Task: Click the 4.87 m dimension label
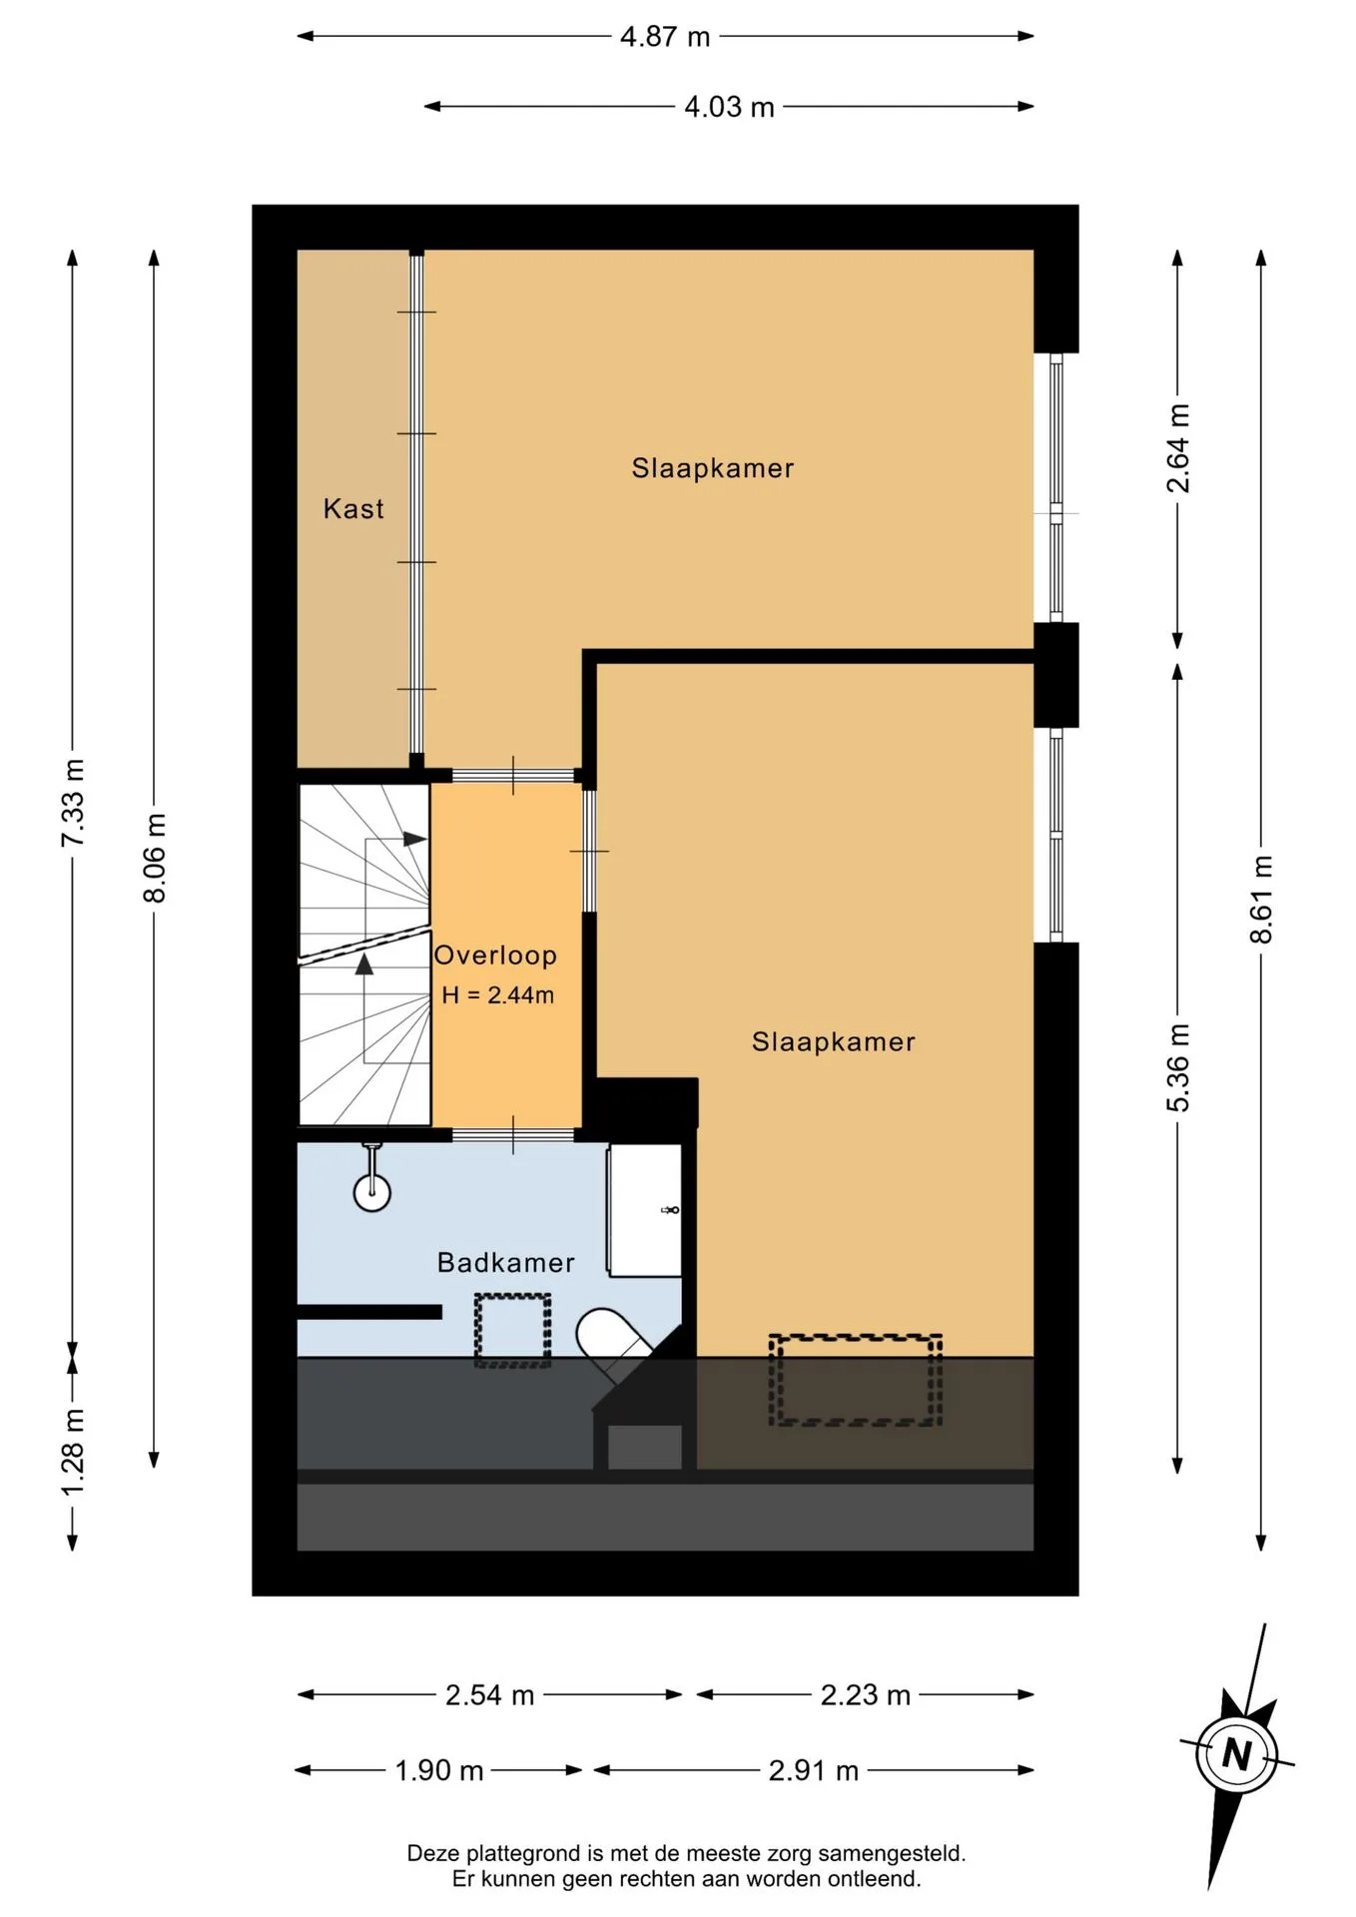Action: click(x=665, y=37)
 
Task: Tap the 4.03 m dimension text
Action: click(x=729, y=107)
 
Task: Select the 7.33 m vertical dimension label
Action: click(x=73, y=803)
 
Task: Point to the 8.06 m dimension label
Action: click(x=155, y=858)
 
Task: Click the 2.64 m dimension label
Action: click(x=1178, y=448)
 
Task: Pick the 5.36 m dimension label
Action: click(x=1178, y=1067)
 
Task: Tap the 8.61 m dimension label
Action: click(x=1261, y=899)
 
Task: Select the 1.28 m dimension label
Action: click(x=73, y=1452)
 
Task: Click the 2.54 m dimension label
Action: click(x=489, y=1695)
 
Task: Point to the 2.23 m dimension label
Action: click(x=865, y=1695)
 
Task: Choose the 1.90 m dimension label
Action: click(x=438, y=1771)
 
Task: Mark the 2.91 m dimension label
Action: click(x=813, y=1771)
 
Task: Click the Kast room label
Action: click(x=353, y=509)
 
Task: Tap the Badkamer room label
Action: click(x=506, y=1263)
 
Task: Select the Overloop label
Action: click(x=495, y=956)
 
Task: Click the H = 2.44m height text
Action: click(x=497, y=995)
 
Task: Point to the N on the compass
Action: click(x=1237, y=1754)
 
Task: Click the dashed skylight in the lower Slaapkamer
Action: click(x=855, y=1380)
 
